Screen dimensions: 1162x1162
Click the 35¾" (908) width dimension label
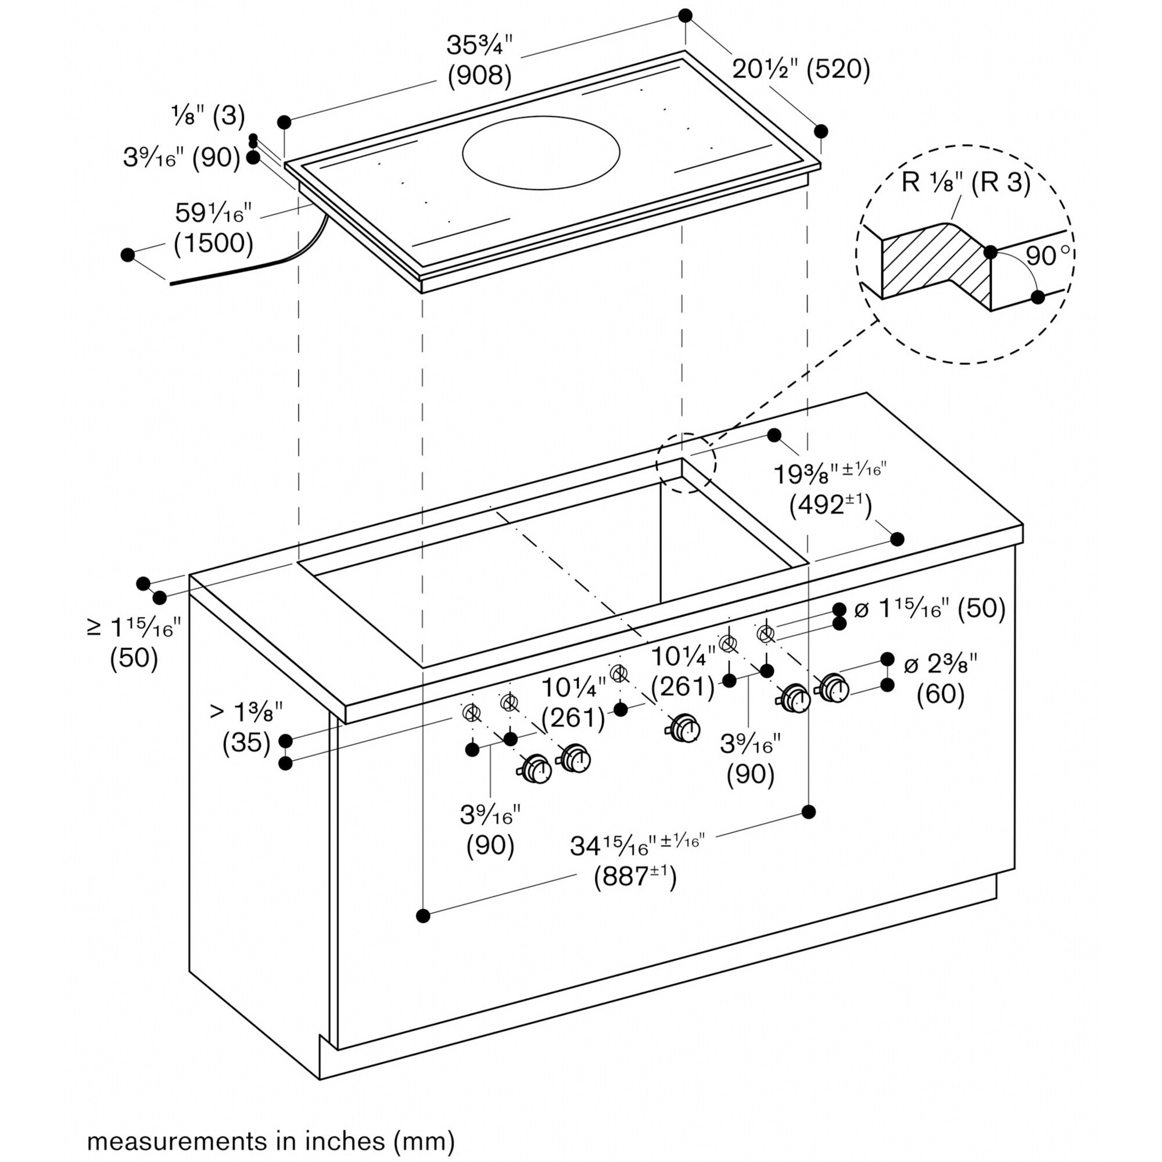coord(479,60)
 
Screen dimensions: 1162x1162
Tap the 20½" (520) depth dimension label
coord(801,70)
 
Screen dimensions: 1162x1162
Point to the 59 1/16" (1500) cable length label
coord(213,228)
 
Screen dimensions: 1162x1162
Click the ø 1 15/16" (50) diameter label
coord(930,609)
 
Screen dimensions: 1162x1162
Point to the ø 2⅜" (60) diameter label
coord(941,679)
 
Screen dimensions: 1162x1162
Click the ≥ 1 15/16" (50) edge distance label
coord(134,643)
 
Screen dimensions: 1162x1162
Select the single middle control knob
coord(684,729)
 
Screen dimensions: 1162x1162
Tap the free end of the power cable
coord(173,282)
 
